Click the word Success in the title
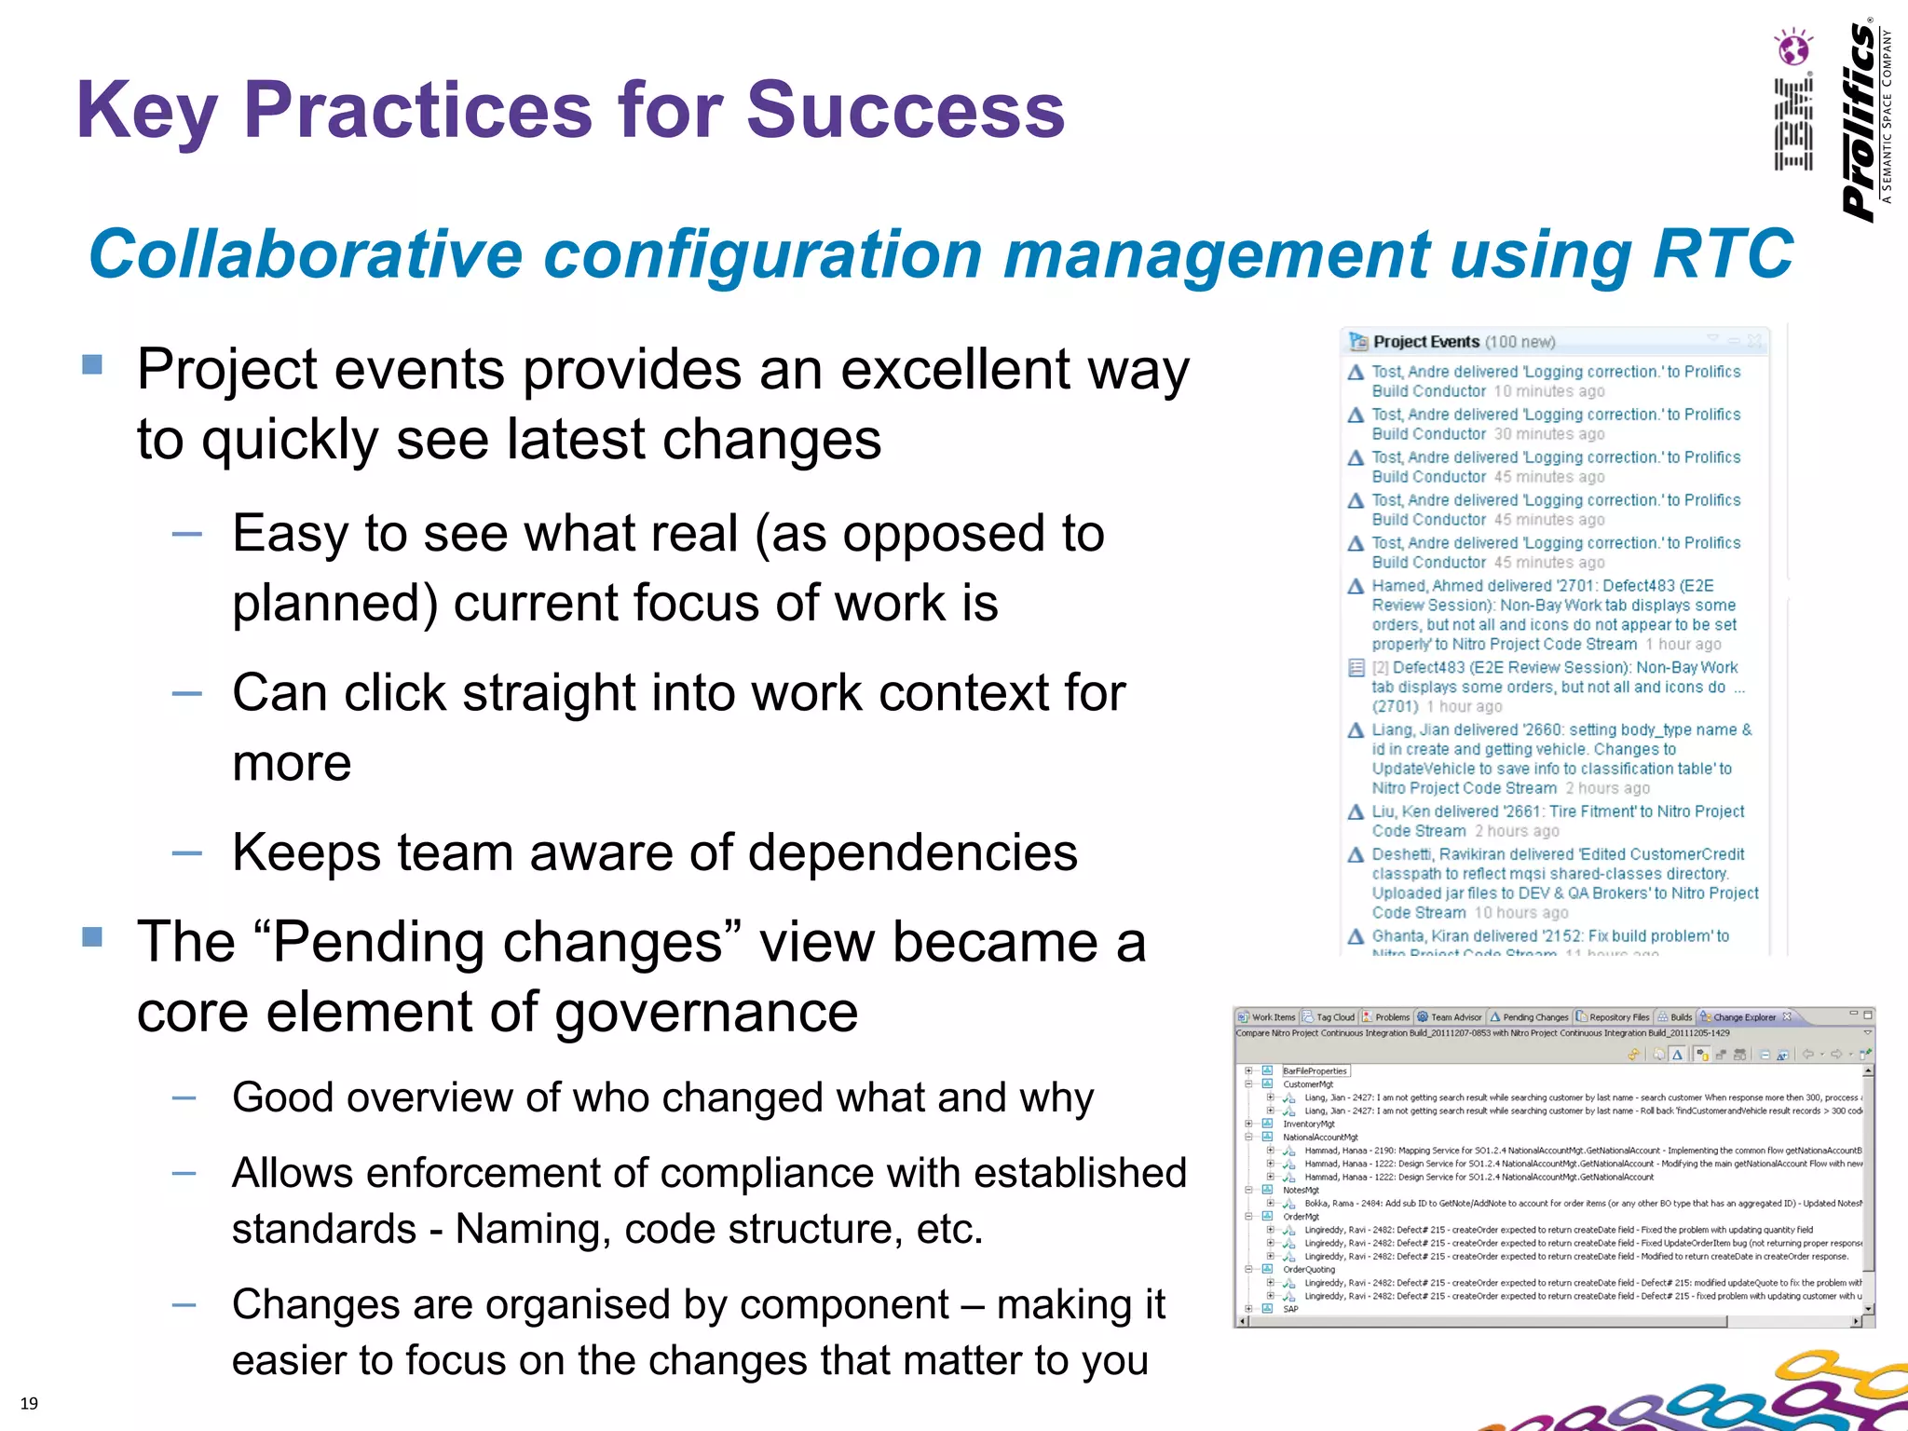pos(904,110)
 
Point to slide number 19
pos(29,1403)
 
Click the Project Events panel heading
pos(1425,342)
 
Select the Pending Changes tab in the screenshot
pos(1534,1017)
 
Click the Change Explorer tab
pos(1744,1017)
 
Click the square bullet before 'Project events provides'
pos(92,364)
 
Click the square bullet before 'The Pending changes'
pos(92,936)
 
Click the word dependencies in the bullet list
pos(912,852)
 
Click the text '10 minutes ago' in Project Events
pos(1549,391)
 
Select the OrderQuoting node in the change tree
pos(1308,1269)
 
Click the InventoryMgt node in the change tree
pos(1308,1124)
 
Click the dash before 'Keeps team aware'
pos(186,852)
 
